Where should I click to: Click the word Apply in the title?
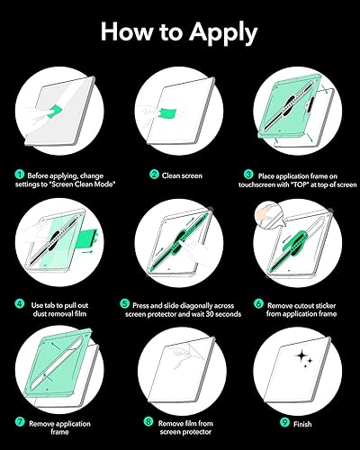tap(223, 33)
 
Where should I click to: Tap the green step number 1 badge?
tap(20, 175)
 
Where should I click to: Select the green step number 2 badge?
tap(154, 175)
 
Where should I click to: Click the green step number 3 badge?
tap(248, 175)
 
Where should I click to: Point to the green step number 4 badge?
tap(20, 303)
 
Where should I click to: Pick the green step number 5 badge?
tap(124, 303)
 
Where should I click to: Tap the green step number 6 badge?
tap(258, 303)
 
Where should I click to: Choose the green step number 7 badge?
tap(20, 421)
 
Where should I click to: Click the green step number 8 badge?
tap(148, 421)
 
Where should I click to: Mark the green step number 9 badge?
tap(284, 422)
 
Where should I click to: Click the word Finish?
tap(302, 424)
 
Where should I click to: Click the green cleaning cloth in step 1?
tap(54, 111)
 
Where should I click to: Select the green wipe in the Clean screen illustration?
tap(166, 114)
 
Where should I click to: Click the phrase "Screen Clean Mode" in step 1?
tap(82, 184)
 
